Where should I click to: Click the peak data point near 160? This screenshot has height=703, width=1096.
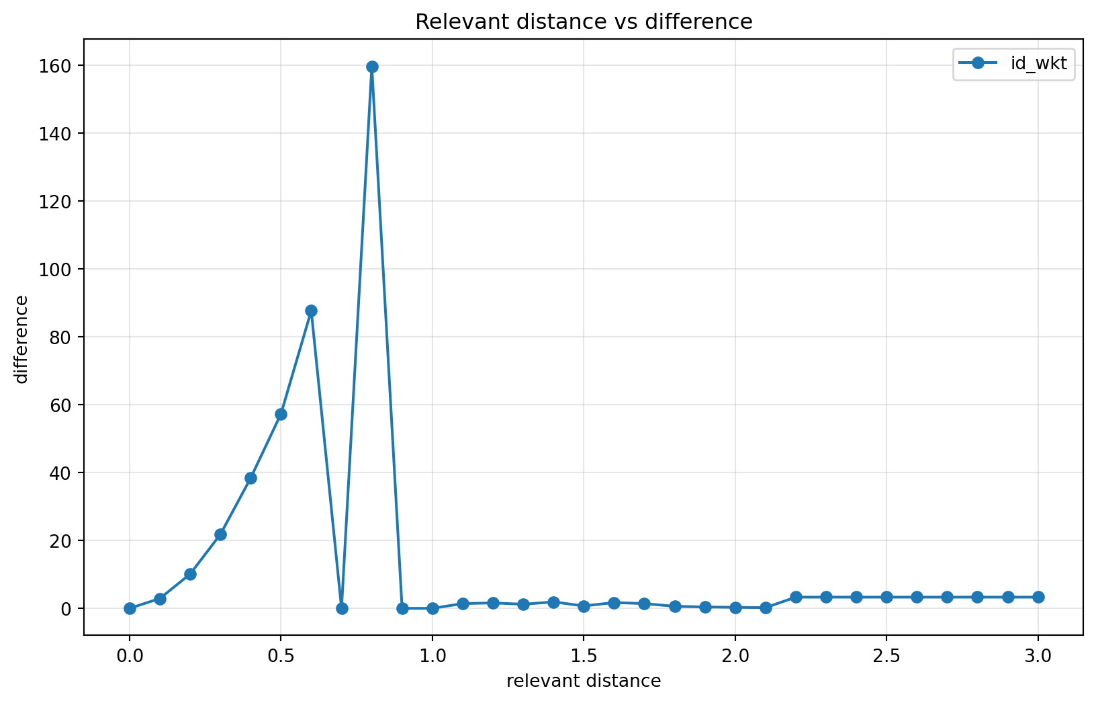tap(372, 67)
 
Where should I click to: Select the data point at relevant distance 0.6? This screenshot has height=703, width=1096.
tap(311, 311)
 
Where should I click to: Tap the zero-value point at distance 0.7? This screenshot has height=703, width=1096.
tap(342, 608)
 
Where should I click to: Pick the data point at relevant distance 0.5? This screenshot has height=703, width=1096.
tap(281, 414)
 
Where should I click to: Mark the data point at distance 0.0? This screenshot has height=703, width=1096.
tap(130, 608)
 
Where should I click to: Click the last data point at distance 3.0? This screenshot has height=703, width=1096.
tap(1038, 597)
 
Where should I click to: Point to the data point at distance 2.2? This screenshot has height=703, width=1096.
tap(796, 597)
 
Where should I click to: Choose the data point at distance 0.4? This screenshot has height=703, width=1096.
tap(250, 478)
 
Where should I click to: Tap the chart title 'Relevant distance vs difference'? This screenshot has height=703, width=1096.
tap(584, 22)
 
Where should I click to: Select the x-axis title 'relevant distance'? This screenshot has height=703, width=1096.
tap(584, 681)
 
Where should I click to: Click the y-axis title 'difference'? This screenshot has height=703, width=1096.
tap(22, 339)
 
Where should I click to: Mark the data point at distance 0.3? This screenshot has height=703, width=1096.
tap(220, 534)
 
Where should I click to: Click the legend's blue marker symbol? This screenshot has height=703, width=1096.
tap(978, 63)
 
